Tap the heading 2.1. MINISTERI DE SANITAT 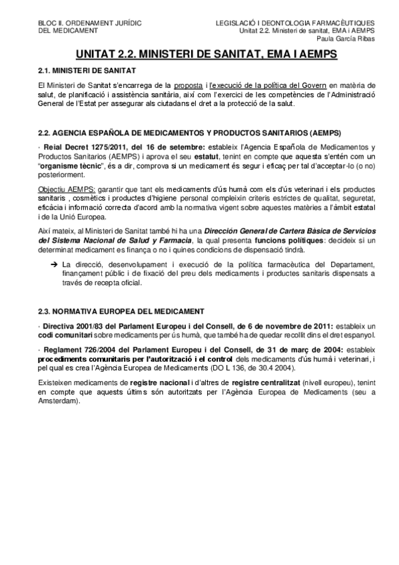pos(87,71)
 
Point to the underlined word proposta pos(189,86)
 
